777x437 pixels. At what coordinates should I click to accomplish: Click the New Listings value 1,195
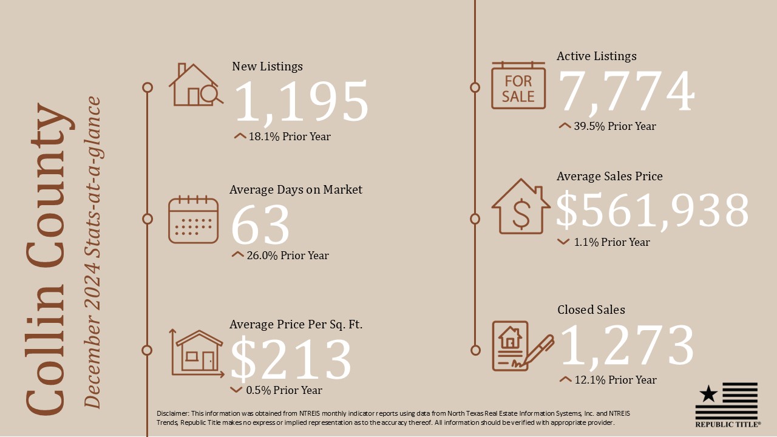coord(301,102)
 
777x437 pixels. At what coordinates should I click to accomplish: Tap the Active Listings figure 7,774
coord(626,92)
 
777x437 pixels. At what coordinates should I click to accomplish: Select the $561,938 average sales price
coord(653,211)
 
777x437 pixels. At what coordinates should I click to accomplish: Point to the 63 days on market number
coord(260,225)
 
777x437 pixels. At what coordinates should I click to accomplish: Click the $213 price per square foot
coord(291,359)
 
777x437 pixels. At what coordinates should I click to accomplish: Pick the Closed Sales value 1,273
coord(626,345)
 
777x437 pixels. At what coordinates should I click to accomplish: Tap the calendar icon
coord(193,220)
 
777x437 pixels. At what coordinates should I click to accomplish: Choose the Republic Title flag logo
coord(727,404)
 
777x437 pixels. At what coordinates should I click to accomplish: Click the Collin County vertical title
coord(46,258)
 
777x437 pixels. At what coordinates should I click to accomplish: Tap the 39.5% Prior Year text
coord(614,126)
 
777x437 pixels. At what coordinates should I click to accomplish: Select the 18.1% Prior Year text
coord(290,137)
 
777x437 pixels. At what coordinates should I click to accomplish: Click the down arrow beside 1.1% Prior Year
coord(563,242)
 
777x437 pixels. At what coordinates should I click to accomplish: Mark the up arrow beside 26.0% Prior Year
coord(237,255)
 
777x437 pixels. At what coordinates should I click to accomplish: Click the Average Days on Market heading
coord(296,190)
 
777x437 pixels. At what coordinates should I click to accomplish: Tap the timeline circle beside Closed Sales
coord(475,350)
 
